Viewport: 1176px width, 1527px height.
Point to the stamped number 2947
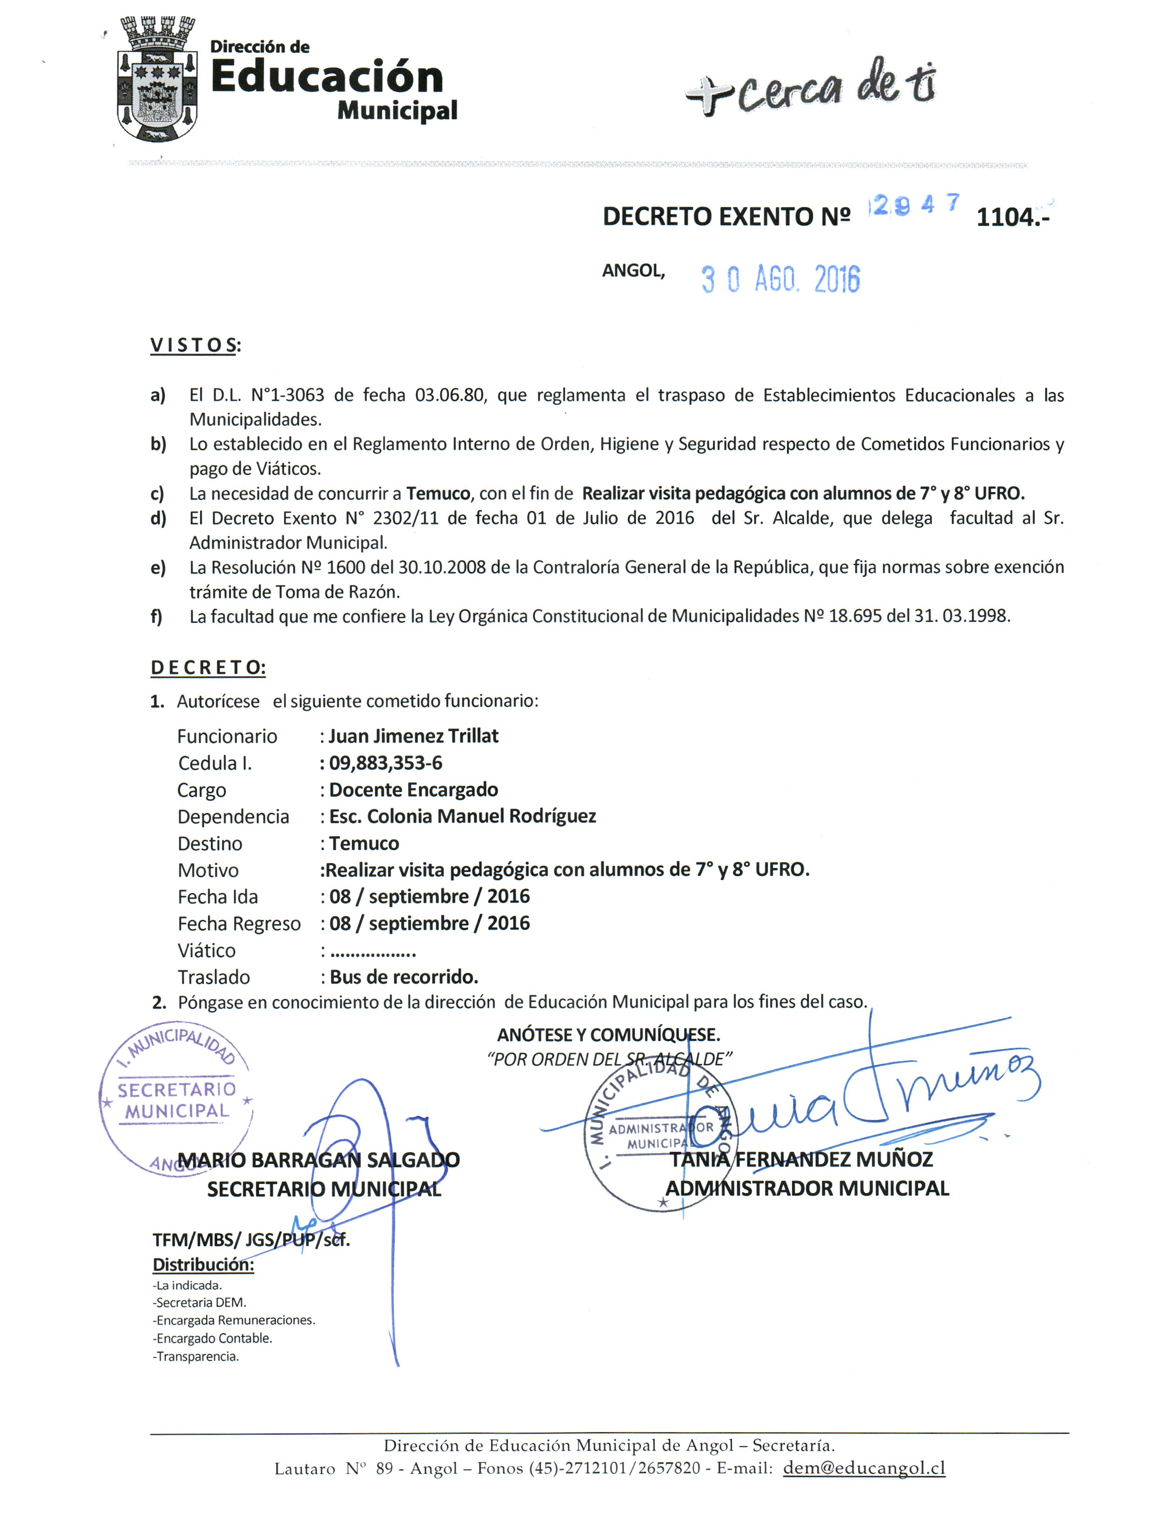pyautogui.click(x=913, y=205)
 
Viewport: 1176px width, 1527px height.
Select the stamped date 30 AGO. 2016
pyautogui.click(x=780, y=280)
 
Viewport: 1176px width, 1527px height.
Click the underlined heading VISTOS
pyautogui.click(x=194, y=345)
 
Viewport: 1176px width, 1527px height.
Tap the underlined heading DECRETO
pyautogui.click(x=208, y=668)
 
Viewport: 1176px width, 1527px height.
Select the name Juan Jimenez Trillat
pyautogui.click(x=413, y=736)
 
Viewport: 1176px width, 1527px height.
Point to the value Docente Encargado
pyautogui.click(x=413, y=790)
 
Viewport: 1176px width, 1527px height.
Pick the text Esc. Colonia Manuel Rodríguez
pyautogui.click(x=462, y=817)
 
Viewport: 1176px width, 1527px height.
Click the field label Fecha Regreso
pyautogui.click(x=238, y=924)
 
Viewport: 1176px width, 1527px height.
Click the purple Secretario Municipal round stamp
pyautogui.click(x=176, y=1101)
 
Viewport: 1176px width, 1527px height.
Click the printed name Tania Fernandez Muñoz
pyautogui.click(x=801, y=1159)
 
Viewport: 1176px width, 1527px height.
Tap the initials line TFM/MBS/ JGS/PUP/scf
pyautogui.click(x=251, y=1240)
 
